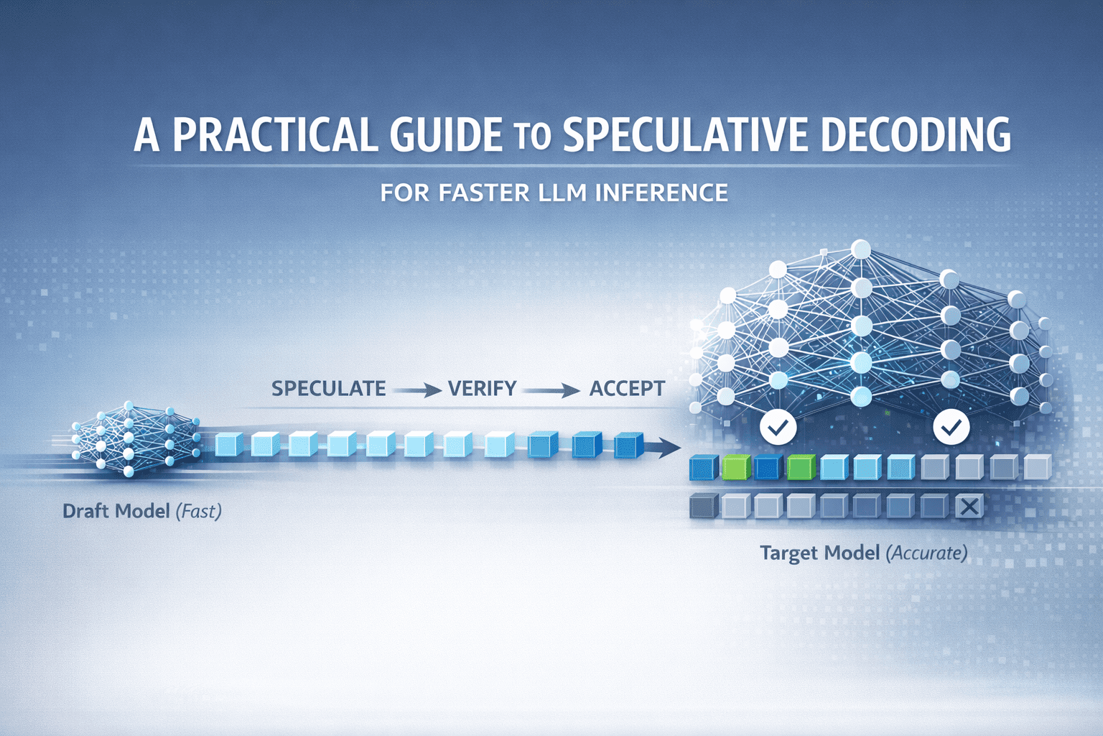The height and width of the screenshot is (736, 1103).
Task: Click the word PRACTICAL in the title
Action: click(274, 134)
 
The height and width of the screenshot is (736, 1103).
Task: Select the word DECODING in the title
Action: click(916, 134)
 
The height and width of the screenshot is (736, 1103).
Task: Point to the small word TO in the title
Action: click(532, 137)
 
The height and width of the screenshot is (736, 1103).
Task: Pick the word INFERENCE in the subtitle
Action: click(661, 193)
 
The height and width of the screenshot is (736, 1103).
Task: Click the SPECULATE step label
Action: click(328, 389)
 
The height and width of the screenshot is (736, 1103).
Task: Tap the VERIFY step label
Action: click(482, 389)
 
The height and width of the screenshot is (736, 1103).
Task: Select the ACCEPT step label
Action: click(627, 389)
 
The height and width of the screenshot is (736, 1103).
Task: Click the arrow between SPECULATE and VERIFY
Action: click(418, 391)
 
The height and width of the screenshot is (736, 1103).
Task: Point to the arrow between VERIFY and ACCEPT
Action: click(551, 391)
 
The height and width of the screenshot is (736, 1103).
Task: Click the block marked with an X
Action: click(969, 507)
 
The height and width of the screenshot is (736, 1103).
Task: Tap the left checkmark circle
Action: click(778, 428)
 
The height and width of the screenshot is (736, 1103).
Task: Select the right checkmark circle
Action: click(951, 428)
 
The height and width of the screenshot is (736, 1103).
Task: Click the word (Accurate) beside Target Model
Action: click(926, 553)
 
